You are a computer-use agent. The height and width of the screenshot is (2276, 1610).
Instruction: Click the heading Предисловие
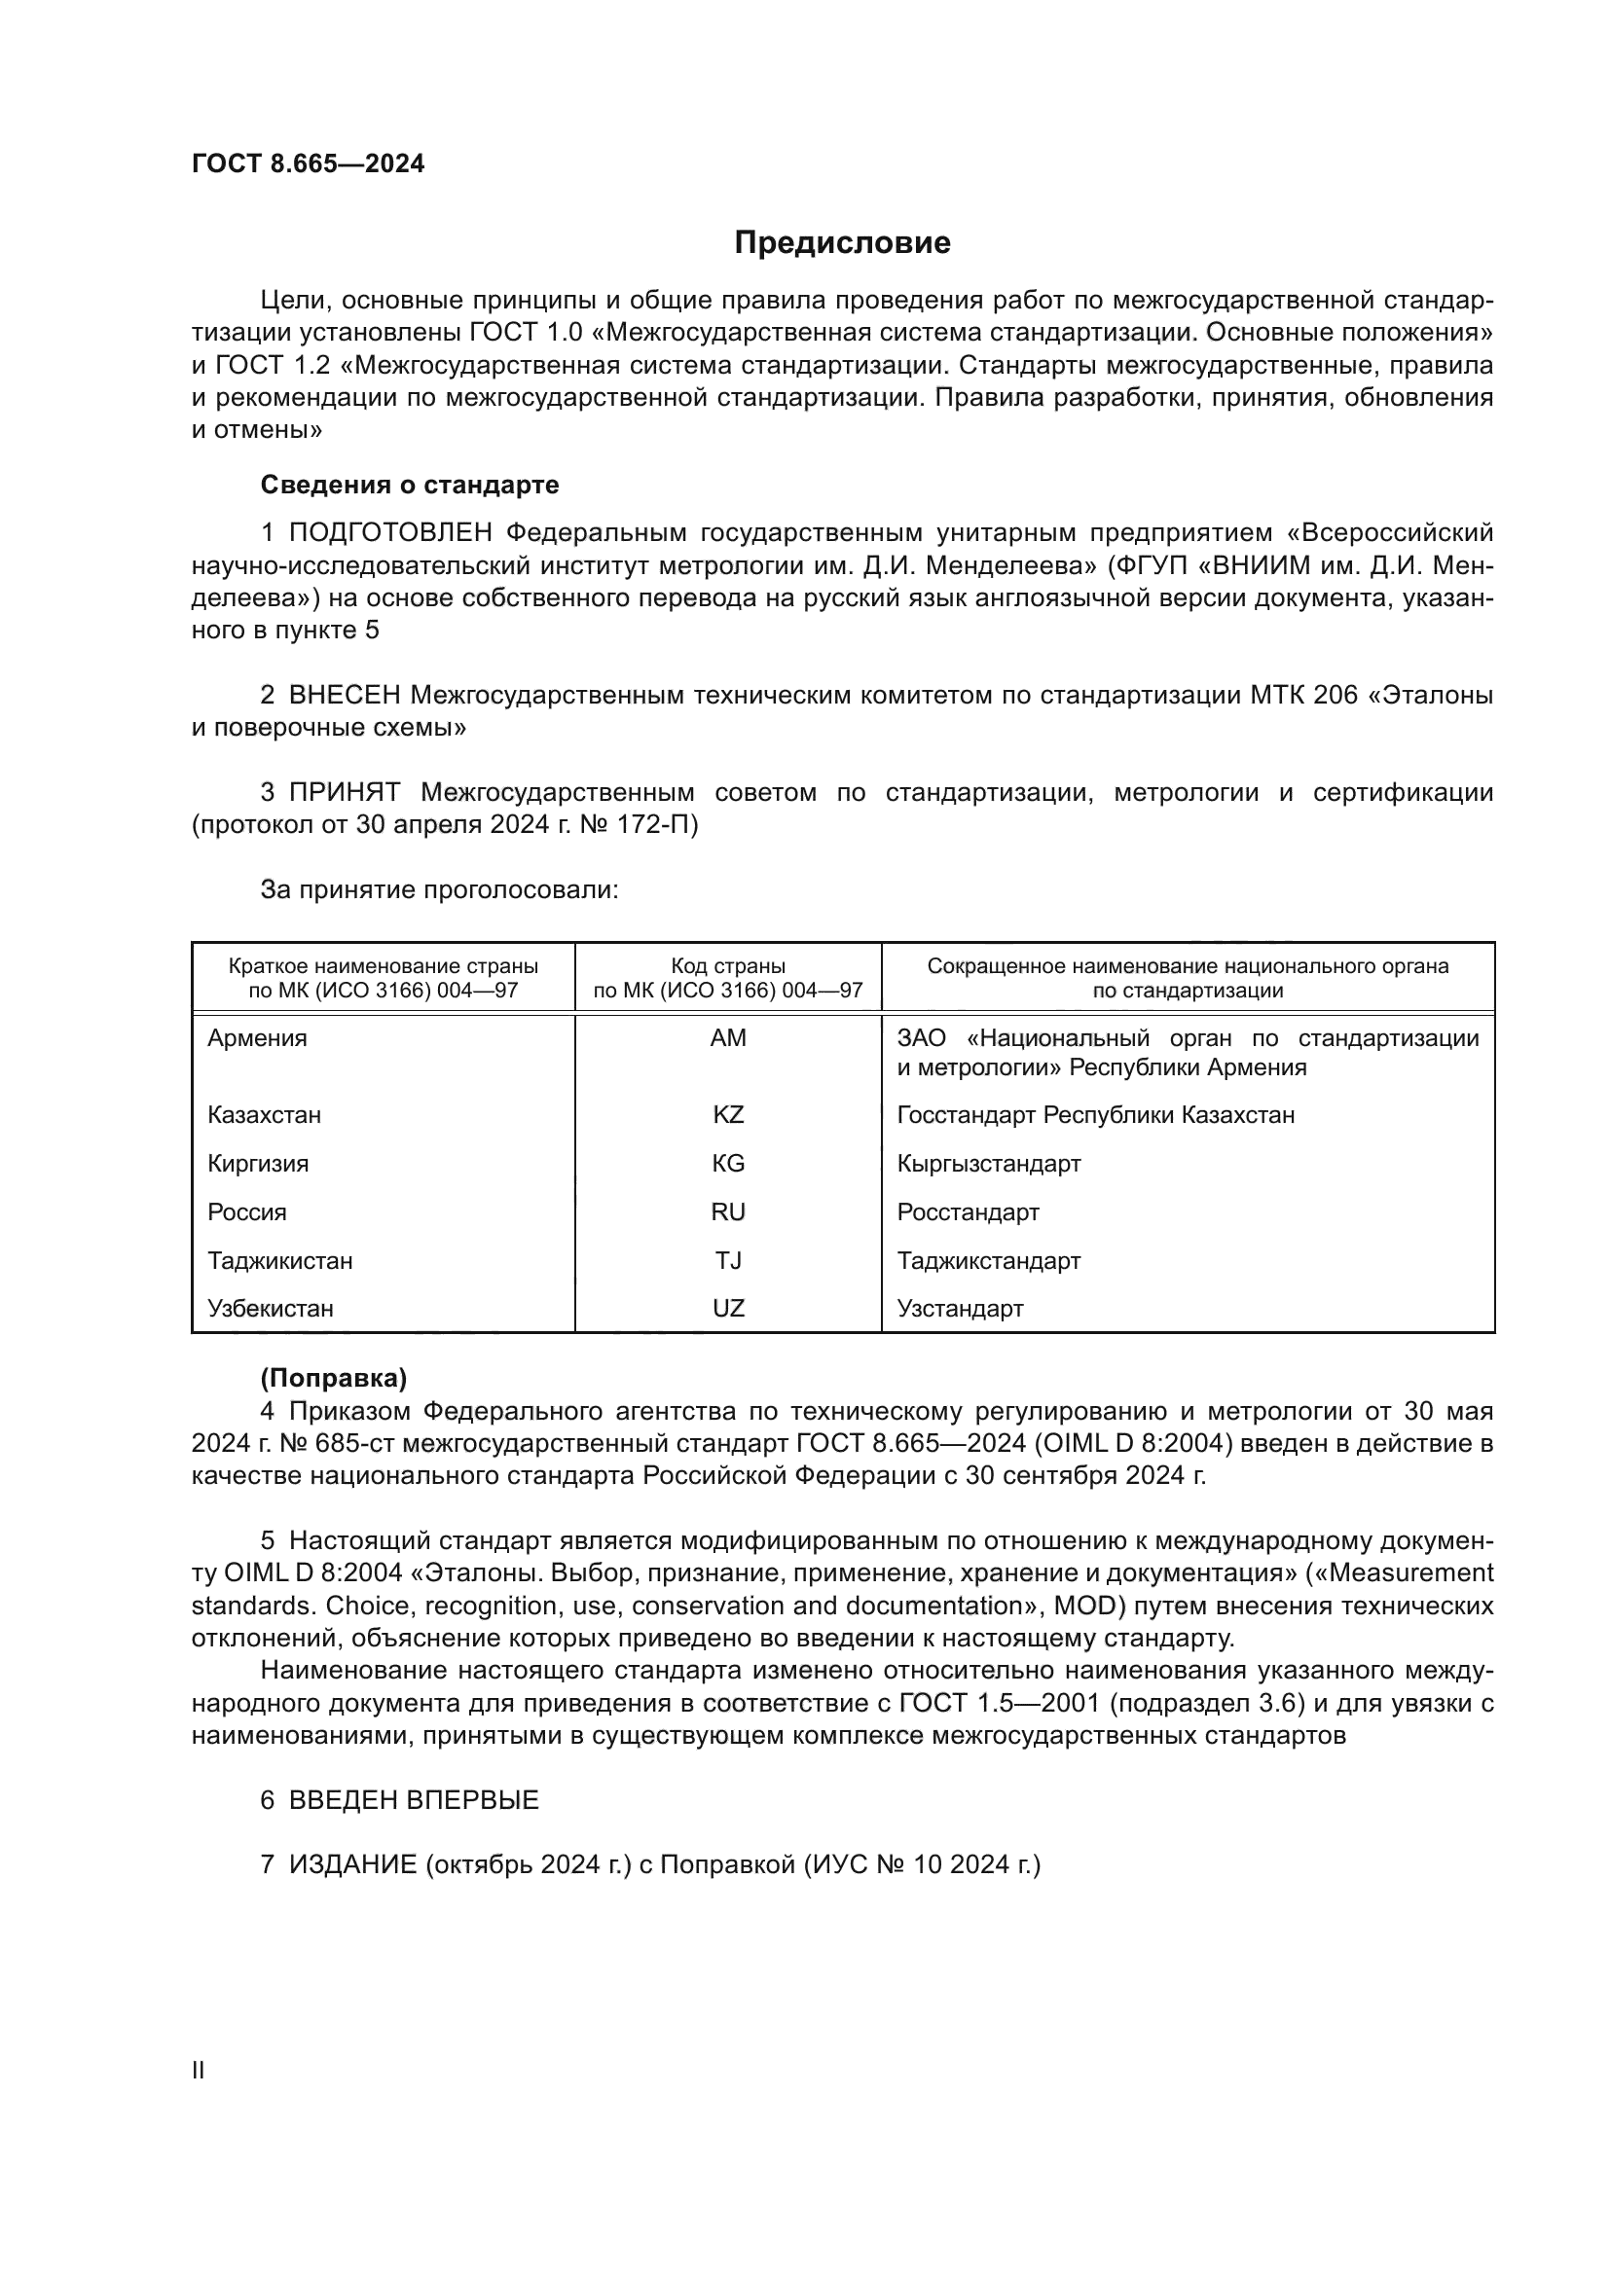click(842, 243)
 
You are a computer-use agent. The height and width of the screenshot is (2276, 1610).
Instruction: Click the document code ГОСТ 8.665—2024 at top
click(308, 163)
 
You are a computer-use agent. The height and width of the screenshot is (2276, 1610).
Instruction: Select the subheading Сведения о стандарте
click(410, 485)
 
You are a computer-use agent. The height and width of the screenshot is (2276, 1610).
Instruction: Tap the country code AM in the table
click(728, 1038)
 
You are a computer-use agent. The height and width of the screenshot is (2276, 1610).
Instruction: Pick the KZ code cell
click(728, 1114)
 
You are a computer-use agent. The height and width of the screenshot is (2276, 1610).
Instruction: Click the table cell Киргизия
click(258, 1163)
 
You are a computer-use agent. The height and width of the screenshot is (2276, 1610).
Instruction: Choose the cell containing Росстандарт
click(968, 1211)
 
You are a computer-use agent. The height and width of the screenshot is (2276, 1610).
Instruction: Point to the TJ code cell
click(728, 1260)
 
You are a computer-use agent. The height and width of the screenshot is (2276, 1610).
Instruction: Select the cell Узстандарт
click(960, 1309)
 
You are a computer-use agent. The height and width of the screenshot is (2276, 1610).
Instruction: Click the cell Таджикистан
click(279, 1260)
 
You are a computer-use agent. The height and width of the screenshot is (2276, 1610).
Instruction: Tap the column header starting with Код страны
click(728, 977)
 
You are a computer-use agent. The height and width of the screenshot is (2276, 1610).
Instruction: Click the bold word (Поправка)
click(333, 1378)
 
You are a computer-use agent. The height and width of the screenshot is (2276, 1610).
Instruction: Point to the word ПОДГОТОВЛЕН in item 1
click(389, 532)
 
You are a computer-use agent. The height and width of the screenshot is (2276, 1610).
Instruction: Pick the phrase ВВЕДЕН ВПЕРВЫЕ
click(414, 1800)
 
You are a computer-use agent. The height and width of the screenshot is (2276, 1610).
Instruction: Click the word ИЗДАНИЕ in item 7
click(353, 1864)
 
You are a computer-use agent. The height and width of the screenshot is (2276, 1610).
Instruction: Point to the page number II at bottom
click(199, 2071)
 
